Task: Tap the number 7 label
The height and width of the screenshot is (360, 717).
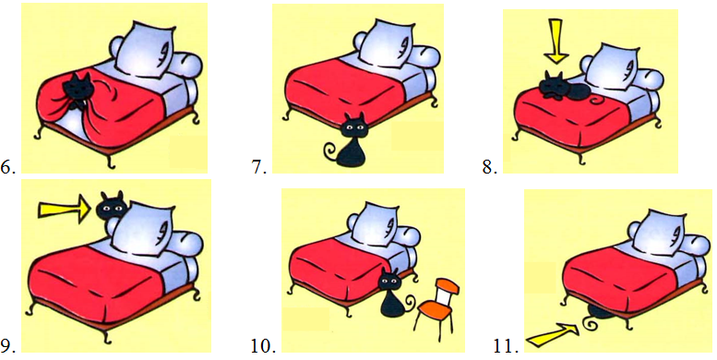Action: pyautogui.click(x=259, y=168)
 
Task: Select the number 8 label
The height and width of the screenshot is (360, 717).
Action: pyautogui.click(x=489, y=168)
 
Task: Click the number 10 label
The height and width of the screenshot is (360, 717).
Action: pyautogui.click(x=263, y=346)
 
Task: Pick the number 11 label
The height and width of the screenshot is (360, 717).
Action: pyautogui.click(x=507, y=346)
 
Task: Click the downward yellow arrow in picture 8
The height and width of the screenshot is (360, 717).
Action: pyautogui.click(x=556, y=41)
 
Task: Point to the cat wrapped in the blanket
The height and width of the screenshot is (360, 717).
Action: pyautogui.click(x=76, y=92)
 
